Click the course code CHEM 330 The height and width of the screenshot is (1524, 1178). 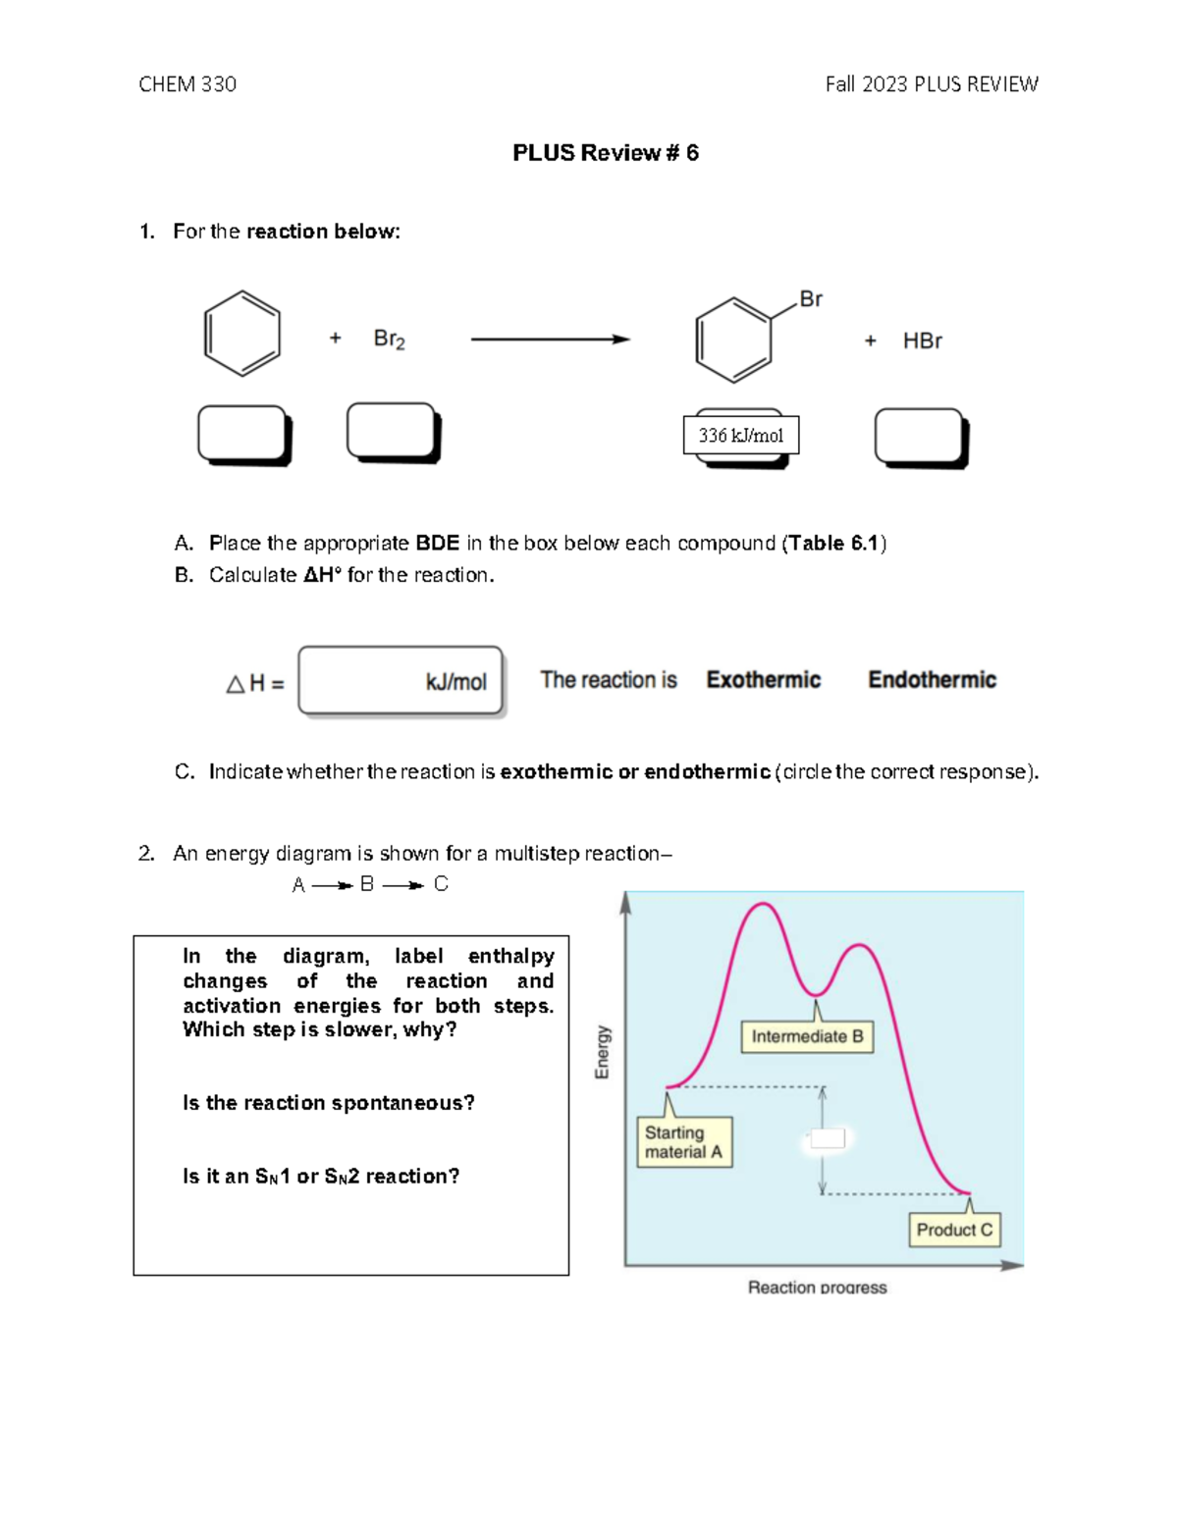pos(187,84)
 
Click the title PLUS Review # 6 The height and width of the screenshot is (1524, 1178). pos(605,153)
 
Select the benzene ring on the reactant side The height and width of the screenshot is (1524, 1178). pos(242,334)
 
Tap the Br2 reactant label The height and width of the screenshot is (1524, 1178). pos(389,340)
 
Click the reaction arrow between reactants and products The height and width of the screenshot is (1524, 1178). pos(550,340)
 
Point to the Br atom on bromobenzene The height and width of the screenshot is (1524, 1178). pos(811,299)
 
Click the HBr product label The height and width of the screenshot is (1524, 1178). pos(922,341)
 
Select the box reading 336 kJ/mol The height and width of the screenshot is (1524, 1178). pos(741,436)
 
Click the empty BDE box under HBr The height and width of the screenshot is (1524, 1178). pos(920,436)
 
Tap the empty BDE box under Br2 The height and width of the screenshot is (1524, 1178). pos(392,431)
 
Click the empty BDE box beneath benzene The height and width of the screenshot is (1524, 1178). pos(242,434)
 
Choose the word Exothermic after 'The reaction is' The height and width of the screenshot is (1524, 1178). pos(763,680)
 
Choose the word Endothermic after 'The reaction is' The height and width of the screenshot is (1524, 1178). pos(932,680)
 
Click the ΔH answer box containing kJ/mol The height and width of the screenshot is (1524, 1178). pos(401,680)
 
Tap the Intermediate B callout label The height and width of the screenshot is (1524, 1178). pos(807,1036)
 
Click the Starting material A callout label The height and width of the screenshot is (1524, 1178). pos(684,1142)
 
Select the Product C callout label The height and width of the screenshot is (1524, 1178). pos(954,1230)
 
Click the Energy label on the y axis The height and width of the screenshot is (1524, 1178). pos(603,1052)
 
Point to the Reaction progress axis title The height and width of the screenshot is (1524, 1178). pos(817,1287)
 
